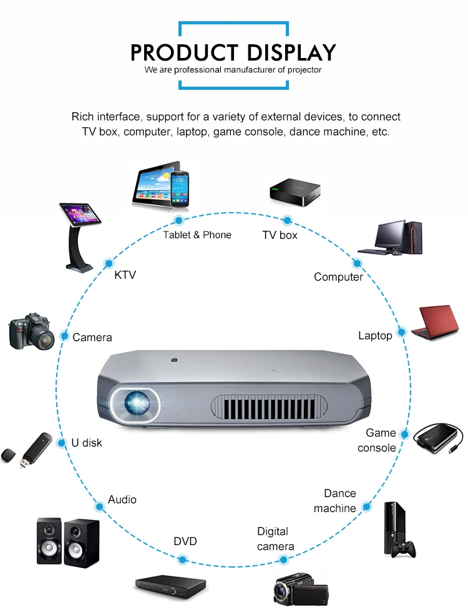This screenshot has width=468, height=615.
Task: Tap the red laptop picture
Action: pos(435,322)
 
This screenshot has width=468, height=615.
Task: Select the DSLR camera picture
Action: pos(31,331)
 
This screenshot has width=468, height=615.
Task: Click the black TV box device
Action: pos(295,192)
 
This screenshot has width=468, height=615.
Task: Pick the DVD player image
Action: pos(170,587)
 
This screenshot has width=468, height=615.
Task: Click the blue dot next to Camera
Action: pos(64,336)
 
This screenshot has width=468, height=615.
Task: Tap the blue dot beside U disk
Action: pos(61,443)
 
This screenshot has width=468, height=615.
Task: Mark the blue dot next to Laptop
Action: pos(401,332)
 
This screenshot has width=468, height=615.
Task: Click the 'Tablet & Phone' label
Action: pos(197,235)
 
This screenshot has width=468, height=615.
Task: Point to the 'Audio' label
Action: pos(122,500)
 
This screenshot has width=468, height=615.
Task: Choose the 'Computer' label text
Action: pos(338,277)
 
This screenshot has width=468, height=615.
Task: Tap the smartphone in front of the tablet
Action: pos(180,188)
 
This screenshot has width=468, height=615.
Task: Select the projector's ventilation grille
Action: pos(269,406)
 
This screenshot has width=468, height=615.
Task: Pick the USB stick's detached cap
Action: pos(8,455)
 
